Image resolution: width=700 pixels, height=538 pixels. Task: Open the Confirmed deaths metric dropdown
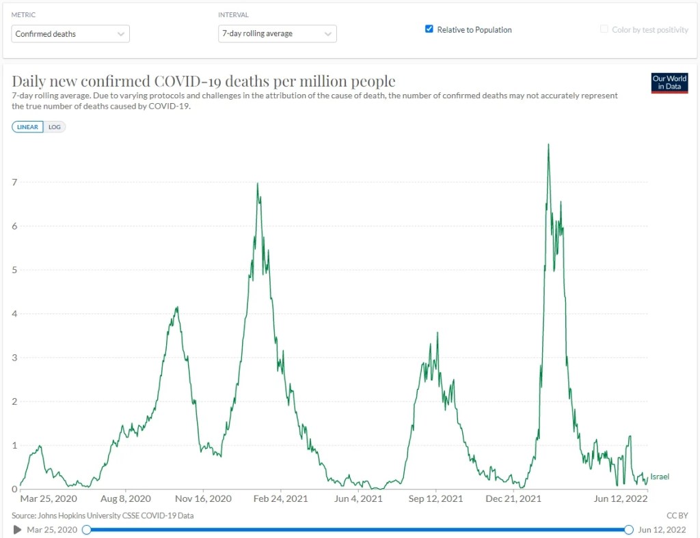coord(70,34)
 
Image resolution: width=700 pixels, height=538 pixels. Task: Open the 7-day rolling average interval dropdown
coord(278,34)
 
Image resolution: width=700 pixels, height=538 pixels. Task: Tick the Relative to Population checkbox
coord(429,29)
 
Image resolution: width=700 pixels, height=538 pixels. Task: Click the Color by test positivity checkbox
coord(604,29)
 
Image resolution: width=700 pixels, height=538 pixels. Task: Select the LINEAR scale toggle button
coord(27,127)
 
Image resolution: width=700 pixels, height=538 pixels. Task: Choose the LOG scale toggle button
coord(55,127)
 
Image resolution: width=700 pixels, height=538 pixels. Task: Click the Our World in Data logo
coord(669,83)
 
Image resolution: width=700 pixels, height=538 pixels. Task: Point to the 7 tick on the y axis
coord(15,182)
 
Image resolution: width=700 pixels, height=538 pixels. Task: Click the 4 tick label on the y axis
coord(15,314)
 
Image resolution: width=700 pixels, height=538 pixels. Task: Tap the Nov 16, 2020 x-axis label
coord(203,499)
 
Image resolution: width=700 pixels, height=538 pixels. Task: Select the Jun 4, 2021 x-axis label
coord(358,499)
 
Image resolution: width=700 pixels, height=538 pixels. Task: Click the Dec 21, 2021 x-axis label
coord(513,499)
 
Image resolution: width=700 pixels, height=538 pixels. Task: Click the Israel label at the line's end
coord(660,477)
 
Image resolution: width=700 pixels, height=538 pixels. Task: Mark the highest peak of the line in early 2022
coord(548,145)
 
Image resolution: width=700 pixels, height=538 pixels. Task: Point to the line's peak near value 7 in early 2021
coord(258,184)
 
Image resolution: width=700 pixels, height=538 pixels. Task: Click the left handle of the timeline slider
coord(87,530)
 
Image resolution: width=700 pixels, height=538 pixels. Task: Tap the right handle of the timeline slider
coord(629,530)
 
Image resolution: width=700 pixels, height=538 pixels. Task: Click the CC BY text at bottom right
coord(677,515)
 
